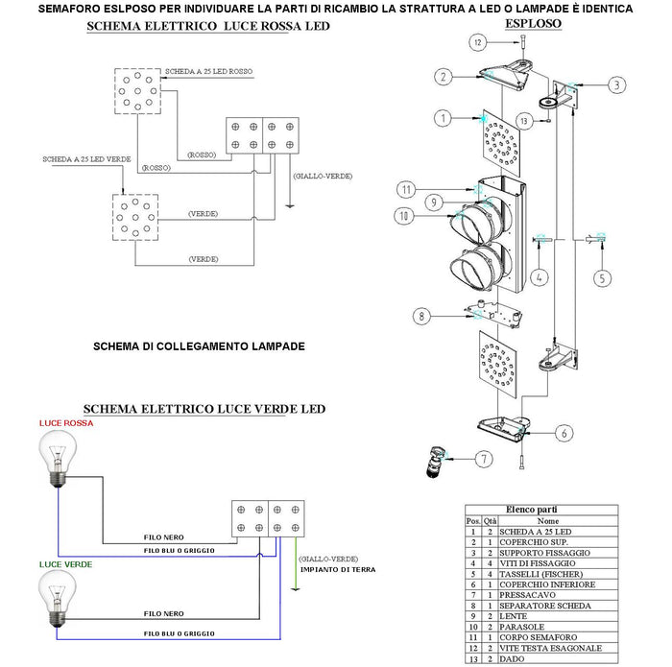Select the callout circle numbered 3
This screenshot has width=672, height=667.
[617, 84]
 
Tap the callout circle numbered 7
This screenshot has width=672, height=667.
[487, 460]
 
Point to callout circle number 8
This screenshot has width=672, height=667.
[420, 315]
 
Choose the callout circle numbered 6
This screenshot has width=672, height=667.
[564, 433]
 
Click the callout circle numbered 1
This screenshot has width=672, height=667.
[443, 118]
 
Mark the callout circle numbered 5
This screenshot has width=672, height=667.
[602, 279]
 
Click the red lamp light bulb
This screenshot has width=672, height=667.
[57, 457]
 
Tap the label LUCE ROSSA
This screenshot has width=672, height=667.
[65, 422]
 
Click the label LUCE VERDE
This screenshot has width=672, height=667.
[65, 564]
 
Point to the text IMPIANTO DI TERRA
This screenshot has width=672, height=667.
[336, 569]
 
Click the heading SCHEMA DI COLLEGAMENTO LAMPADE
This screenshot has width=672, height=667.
[199, 345]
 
